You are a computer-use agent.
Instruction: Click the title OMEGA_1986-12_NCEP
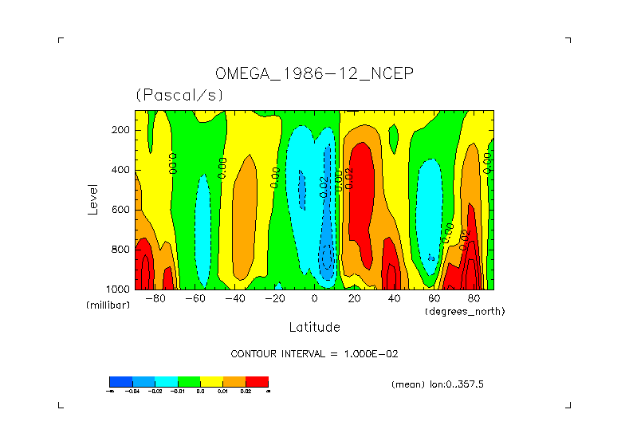(315, 74)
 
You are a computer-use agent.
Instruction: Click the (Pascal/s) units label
(179, 94)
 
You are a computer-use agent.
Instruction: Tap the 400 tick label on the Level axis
(122, 170)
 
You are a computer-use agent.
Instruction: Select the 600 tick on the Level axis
(122, 210)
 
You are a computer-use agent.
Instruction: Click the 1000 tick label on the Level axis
(120, 289)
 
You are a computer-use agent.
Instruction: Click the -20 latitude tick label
(275, 298)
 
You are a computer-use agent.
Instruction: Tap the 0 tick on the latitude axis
(315, 298)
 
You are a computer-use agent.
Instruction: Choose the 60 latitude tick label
(434, 298)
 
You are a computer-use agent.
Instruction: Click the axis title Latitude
(314, 327)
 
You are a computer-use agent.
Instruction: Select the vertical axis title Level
(93, 199)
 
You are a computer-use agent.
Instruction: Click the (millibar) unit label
(108, 305)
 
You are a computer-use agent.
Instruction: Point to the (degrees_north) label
(465, 311)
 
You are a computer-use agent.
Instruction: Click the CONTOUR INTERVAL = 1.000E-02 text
(314, 353)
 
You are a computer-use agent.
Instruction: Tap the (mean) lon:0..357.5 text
(438, 384)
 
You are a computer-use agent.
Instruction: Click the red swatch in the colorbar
(257, 381)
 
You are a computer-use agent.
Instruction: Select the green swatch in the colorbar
(189, 381)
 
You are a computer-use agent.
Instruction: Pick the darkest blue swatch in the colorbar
(120, 381)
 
